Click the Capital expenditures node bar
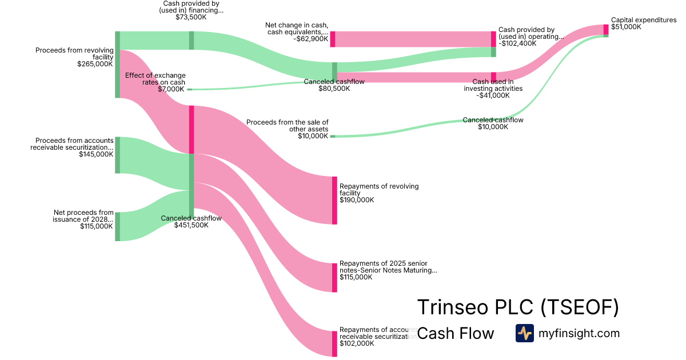606,30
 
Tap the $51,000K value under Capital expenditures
626,27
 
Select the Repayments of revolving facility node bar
334,201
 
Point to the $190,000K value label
357,200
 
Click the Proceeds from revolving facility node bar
117,65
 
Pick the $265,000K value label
95,64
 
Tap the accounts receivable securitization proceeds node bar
117,155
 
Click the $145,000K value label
97,154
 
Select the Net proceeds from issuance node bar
117,226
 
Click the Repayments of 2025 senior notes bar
334,278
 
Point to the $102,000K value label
357,343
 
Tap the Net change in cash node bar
332,39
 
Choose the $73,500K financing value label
191,17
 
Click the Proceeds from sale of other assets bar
332,137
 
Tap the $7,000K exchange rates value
171,89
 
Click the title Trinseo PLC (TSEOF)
518,307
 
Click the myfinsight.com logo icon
524,333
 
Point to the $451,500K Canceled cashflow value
191,225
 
